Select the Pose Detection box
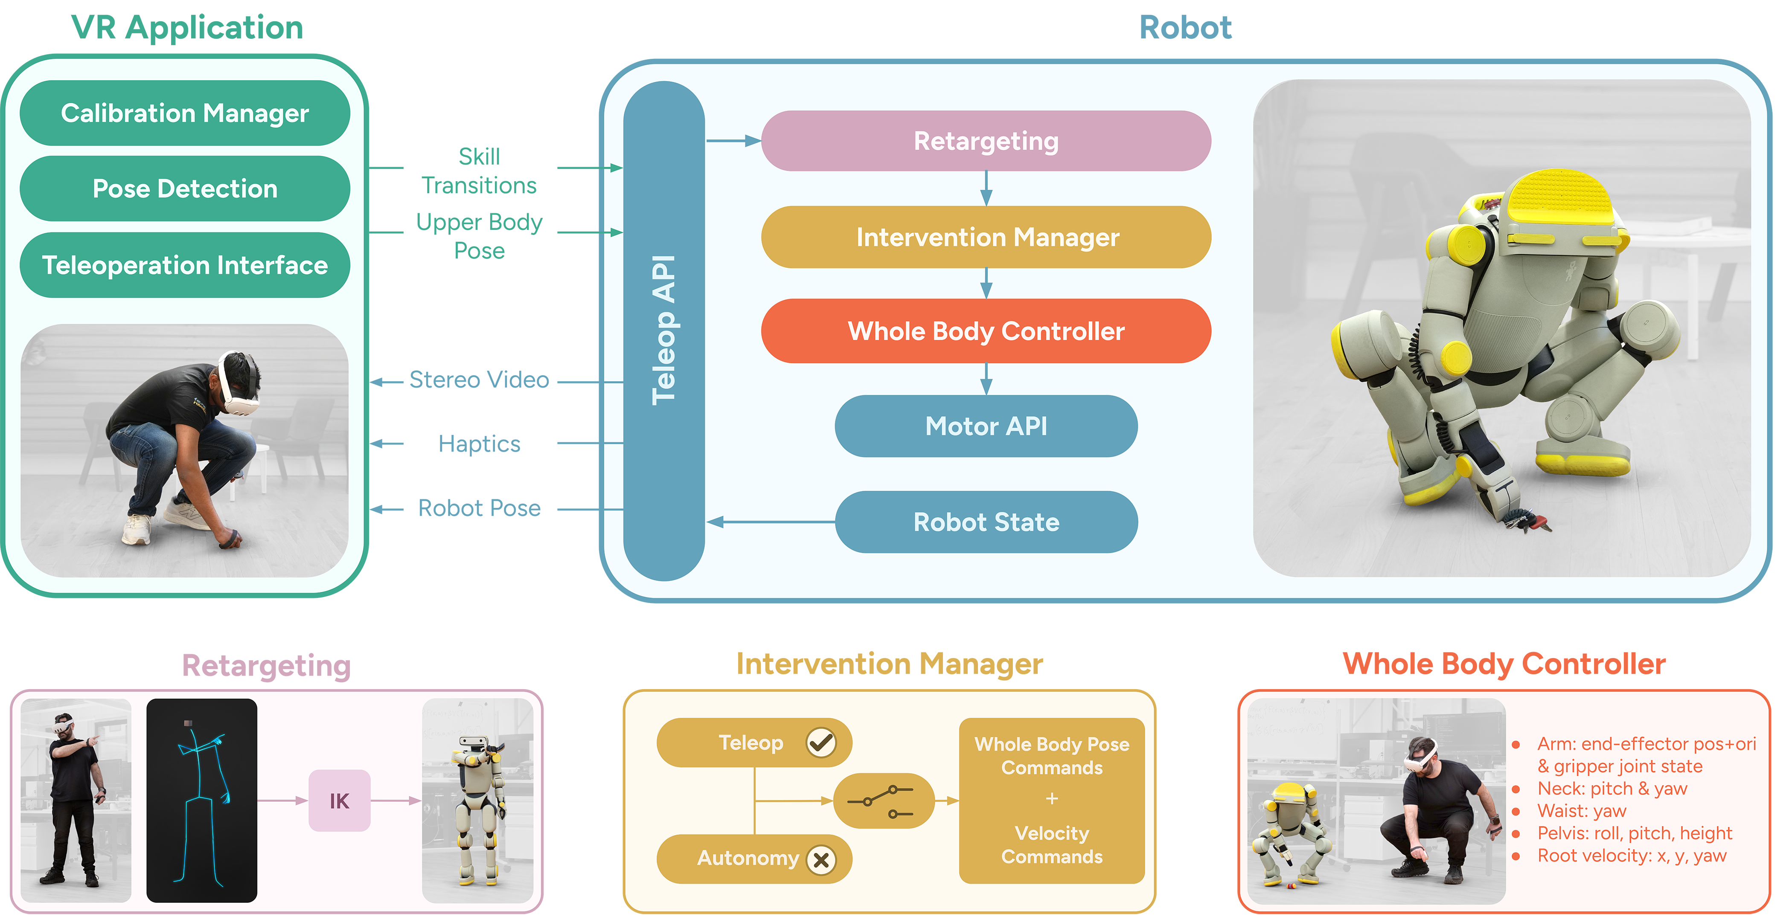coord(184,188)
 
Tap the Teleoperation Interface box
coord(184,265)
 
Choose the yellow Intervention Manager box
coord(985,237)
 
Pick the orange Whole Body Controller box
coord(985,331)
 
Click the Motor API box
coord(985,426)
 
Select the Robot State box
coord(985,522)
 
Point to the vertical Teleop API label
coord(663,330)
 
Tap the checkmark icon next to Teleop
coord(821,742)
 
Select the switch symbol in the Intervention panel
coord(882,801)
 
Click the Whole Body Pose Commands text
coord(1051,756)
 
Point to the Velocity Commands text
coord(1051,845)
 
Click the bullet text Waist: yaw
coord(1581,811)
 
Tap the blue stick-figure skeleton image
coord(202,801)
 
